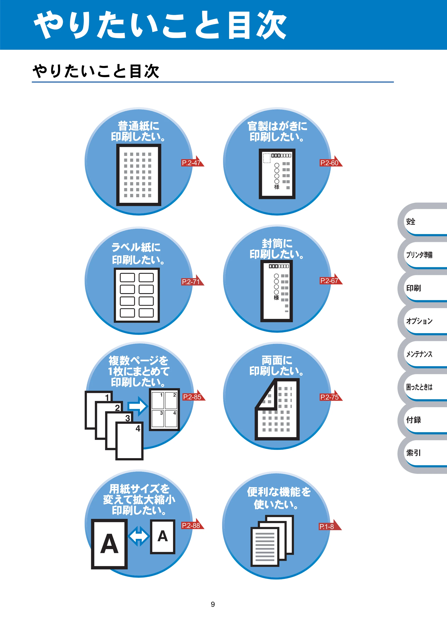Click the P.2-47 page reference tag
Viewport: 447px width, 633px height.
[193, 162]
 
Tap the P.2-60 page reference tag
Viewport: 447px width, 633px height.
[331, 162]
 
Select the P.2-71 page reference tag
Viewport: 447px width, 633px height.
[193, 281]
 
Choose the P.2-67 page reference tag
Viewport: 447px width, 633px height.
[331, 279]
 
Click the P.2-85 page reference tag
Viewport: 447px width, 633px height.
[194, 396]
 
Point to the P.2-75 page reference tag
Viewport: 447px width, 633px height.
[331, 396]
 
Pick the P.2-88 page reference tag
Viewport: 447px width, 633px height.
[193, 524]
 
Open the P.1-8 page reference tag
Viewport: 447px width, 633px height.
[330, 525]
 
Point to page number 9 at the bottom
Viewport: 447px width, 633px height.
[213, 604]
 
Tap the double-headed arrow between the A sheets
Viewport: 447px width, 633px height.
[139, 536]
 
